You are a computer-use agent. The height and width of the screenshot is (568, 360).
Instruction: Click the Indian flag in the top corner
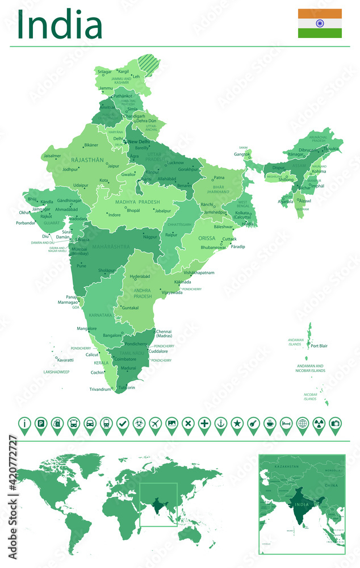(x=320, y=23)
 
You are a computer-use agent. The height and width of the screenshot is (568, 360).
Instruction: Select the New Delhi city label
(x=139, y=141)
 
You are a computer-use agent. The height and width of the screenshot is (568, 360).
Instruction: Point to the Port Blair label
(x=320, y=346)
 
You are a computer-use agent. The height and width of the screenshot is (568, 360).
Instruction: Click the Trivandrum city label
(x=99, y=389)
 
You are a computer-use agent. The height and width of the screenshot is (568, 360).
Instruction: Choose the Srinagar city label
(x=104, y=72)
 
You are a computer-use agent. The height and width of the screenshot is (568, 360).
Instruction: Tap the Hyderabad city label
(x=140, y=277)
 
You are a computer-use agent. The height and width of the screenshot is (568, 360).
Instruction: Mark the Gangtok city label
(x=242, y=154)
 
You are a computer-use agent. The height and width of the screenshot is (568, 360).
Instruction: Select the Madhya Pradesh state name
(x=137, y=202)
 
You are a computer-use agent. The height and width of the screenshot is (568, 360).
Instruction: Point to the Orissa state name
(x=207, y=239)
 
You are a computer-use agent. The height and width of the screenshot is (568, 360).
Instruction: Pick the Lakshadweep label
(x=56, y=372)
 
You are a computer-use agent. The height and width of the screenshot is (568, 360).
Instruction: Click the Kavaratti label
(x=65, y=360)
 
